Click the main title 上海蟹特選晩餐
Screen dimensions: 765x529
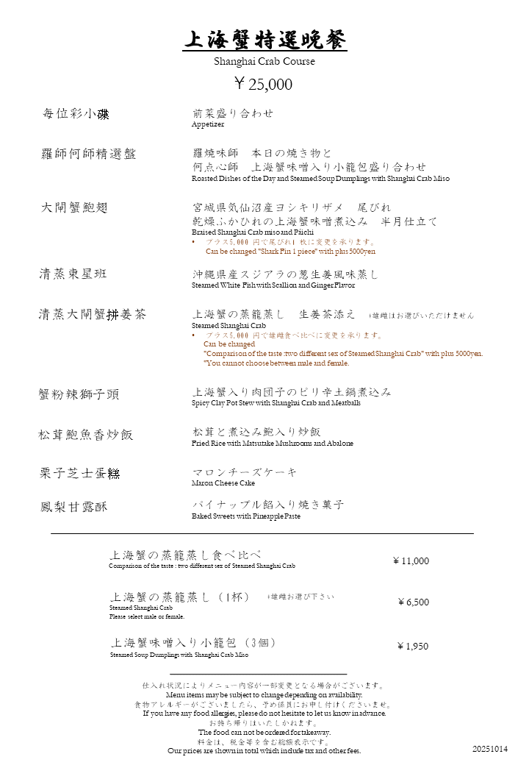pyautogui.click(x=264, y=40)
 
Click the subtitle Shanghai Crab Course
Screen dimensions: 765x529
pyautogui.click(x=264, y=62)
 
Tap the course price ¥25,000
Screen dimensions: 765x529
pyautogui.click(x=263, y=84)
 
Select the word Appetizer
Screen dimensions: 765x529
pyautogui.click(x=208, y=125)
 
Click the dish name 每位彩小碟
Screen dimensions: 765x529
pyautogui.click(x=76, y=114)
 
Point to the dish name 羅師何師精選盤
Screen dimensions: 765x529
pyautogui.click(x=88, y=154)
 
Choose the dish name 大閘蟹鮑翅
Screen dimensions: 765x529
pyautogui.click(x=74, y=208)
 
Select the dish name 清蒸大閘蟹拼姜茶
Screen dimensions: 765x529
pyautogui.click(x=93, y=315)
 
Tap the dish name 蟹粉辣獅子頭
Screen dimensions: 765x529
pyautogui.click(x=79, y=394)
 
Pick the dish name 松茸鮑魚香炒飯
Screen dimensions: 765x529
pyautogui.click(x=86, y=434)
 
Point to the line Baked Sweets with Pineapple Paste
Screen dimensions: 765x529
pyautogui.click(x=246, y=516)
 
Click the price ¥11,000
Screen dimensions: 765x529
pyautogui.click(x=411, y=561)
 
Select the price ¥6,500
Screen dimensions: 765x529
pyautogui.click(x=413, y=602)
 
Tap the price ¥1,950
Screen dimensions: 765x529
pyautogui.click(x=412, y=647)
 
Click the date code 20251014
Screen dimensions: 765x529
pyautogui.click(x=490, y=749)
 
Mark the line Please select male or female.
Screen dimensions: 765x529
pyautogui.click(x=147, y=616)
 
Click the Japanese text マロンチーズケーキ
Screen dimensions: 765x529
pyautogui.click(x=245, y=472)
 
